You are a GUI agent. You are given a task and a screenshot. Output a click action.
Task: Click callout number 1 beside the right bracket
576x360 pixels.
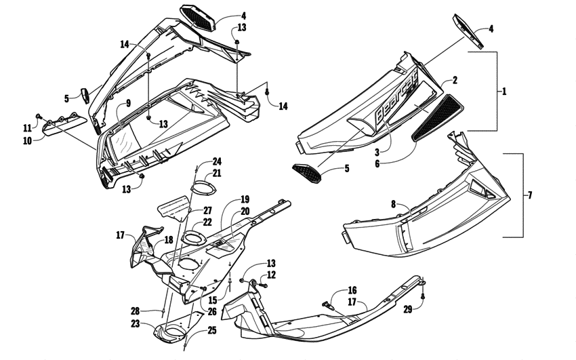pyautogui.click(x=503, y=90)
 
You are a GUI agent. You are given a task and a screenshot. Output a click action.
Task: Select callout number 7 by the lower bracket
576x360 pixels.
pyautogui.click(x=530, y=195)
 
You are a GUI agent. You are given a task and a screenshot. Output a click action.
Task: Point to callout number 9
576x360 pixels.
pyautogui.click(x=127, y=104)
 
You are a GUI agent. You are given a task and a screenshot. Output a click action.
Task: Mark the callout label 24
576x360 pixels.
pyautogui.click(x=216, y=161)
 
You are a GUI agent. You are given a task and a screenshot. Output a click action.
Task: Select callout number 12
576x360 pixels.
pyautogui.click(x=272, y=275)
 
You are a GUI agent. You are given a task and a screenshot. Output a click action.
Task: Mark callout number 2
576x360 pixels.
pyautogui.click(x=455, y=80)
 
